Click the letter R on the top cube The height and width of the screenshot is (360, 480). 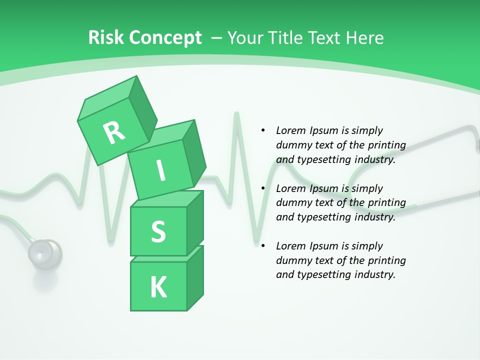[114, 132]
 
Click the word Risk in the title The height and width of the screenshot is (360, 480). [106, 37]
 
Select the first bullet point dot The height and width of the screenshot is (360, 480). [263, 130]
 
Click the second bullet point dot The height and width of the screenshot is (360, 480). [263, 188]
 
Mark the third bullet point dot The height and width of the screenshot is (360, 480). [263, 246]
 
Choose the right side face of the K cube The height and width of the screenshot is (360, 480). [195, 280]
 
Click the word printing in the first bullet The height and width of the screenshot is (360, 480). [387, 145]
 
